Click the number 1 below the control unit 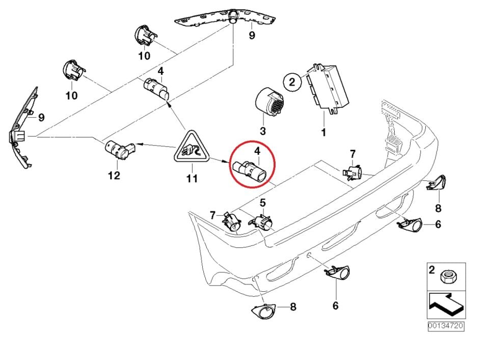tap(323, 132)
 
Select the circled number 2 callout tap(292, 81)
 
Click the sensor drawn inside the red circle tap(250, 171)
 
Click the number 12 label tap(114, 176)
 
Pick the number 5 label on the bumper tap(263, 203)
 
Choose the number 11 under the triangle tap(192, 178)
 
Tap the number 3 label tap(263, 131)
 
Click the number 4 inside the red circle tap(258, 151)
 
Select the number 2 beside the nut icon tap(432, 270)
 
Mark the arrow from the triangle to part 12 tap(156, 145)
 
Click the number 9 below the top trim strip tap(251, 36)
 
